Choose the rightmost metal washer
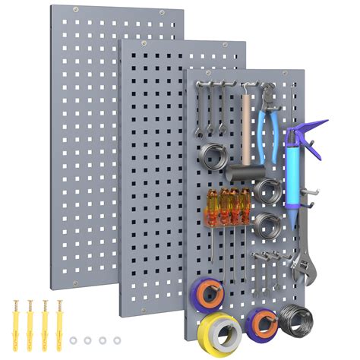pos(117,339)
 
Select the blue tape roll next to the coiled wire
pos(261,321)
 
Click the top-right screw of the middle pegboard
pos(225,46)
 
